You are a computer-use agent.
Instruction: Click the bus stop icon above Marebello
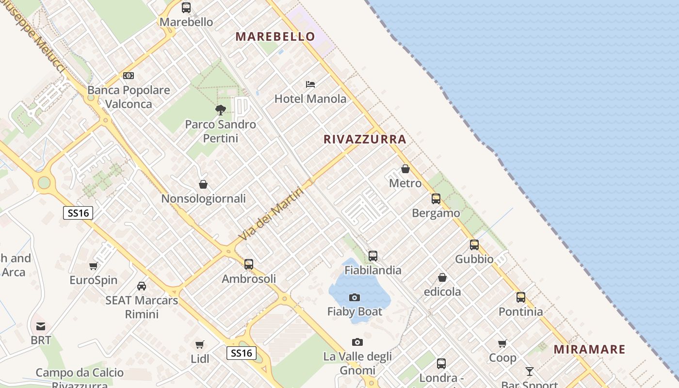click(186, 8)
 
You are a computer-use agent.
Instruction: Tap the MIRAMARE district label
click(589, 349)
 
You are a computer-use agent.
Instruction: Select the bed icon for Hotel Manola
click(310, 84)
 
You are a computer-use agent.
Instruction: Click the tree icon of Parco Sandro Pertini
click(221, 110)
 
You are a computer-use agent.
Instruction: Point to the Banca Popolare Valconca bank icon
click(129, 76)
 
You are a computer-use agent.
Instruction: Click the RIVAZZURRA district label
click(365, 140)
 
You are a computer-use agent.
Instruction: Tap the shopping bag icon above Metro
click(405, 169)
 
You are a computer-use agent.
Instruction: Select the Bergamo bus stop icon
click(436, 199)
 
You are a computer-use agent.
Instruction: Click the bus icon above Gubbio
click(474, 245)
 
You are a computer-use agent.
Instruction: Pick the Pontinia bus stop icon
click(521, 297)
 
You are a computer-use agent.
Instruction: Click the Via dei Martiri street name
click(272, 214)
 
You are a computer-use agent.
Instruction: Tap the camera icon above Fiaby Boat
click(355, 297)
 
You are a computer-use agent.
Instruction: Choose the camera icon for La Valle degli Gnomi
click(357, 342)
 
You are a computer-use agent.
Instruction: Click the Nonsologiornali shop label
click(203, 198)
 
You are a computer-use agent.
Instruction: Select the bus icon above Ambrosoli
click(249, 264)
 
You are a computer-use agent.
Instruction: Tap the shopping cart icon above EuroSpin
click(94, 266)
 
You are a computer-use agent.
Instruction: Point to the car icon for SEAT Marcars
click(142, 286)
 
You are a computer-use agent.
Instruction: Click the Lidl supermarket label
click(200, 359)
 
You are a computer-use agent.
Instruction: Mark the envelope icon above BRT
click(41, 326)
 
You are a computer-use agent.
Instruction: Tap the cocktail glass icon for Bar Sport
click(530, 372)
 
